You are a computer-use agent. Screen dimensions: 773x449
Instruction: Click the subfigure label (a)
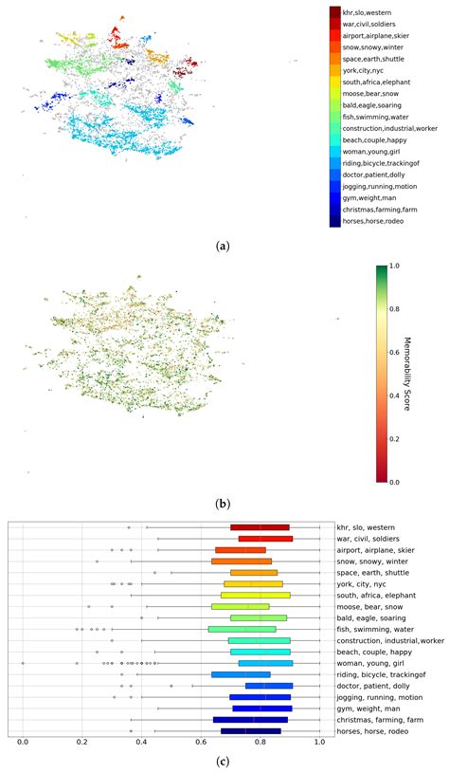tap(223, 246)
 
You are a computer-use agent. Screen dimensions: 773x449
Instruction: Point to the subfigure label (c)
tap(223, 761)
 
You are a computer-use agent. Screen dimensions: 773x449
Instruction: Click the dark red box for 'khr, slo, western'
tap(260, 527)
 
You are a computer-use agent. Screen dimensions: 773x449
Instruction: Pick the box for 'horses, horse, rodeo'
tap(250, 730)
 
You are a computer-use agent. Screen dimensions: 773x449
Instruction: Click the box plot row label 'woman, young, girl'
tap(370, 663)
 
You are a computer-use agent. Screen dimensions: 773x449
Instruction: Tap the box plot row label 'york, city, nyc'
tap(365, 583)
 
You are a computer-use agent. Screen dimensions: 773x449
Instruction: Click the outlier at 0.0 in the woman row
tap(22, 663)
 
